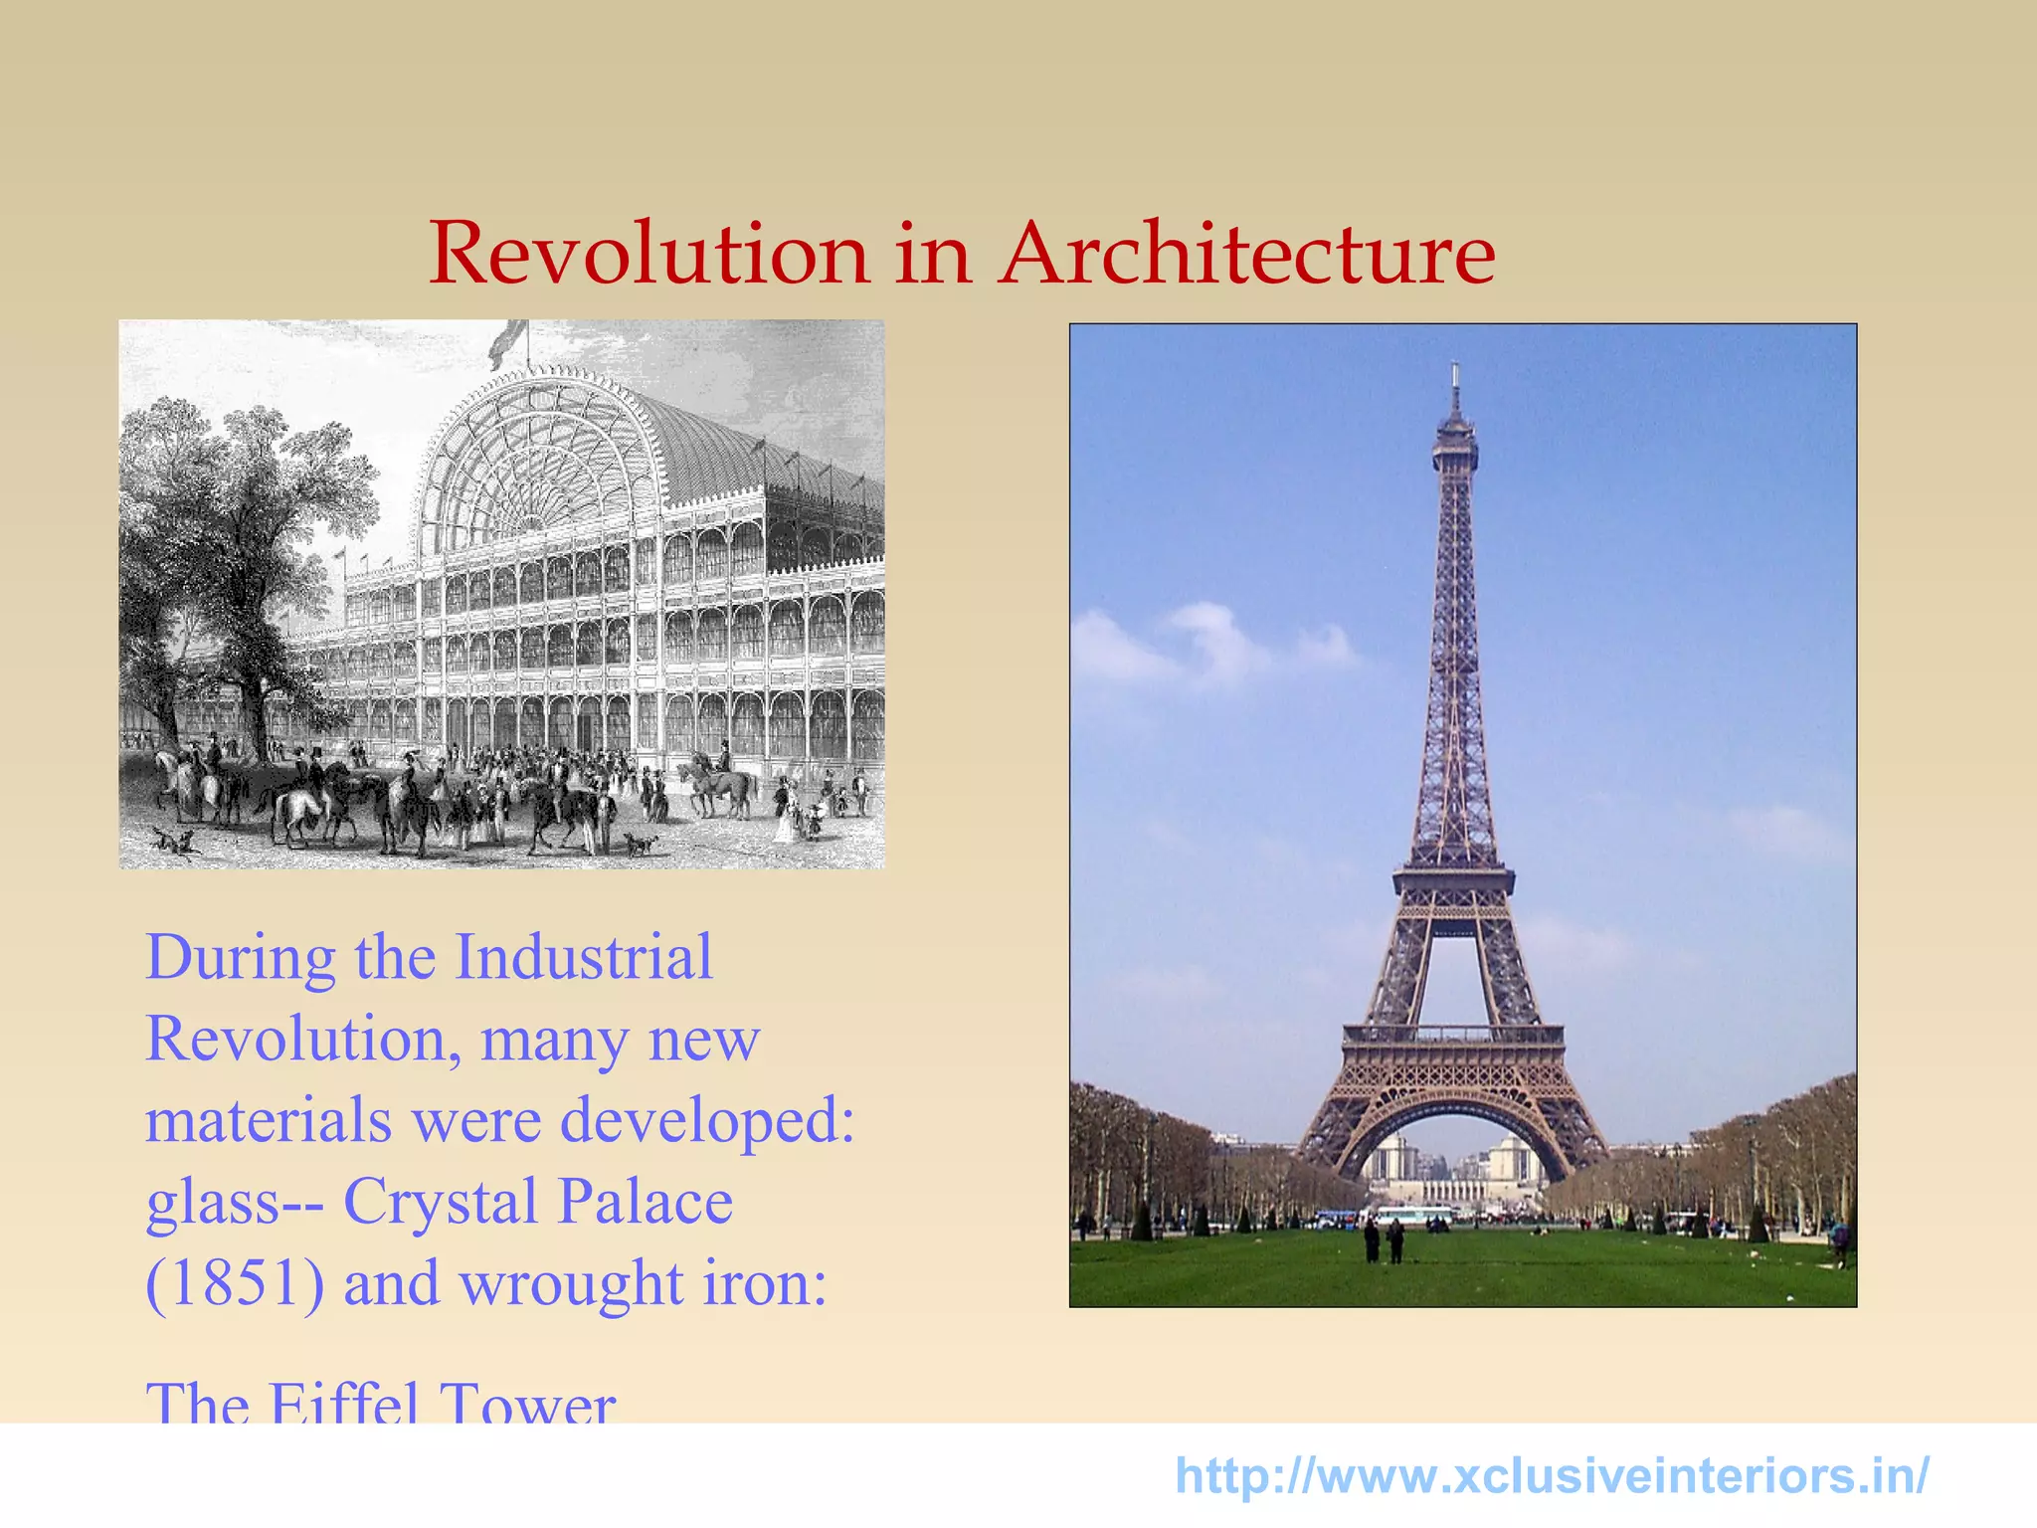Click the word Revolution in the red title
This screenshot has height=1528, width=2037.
point(648,254)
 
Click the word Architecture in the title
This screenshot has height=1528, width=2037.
point(1247,254)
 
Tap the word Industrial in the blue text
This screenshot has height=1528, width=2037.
point(584,958)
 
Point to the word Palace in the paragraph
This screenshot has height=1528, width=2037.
point(645,1202)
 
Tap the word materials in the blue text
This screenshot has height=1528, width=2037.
point(269,1121)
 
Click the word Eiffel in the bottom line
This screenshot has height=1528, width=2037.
point(344,1403)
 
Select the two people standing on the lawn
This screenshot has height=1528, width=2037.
point(1384,1241)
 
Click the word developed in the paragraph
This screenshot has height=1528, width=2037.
point(706,1121)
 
